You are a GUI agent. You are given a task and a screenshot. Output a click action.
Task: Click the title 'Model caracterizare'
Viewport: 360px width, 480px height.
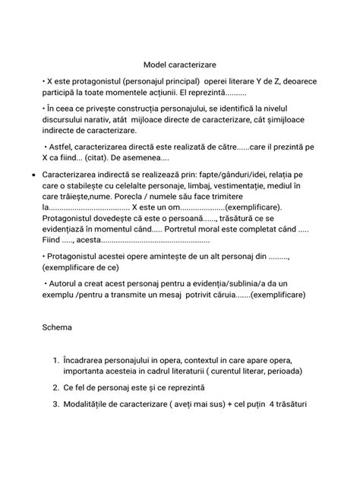(180, 65)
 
